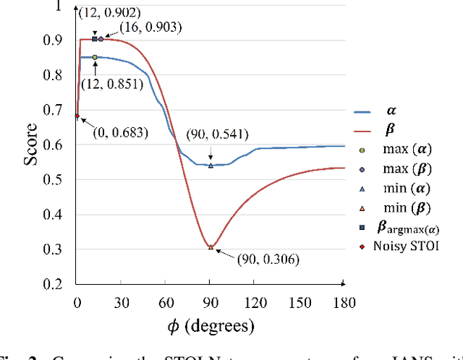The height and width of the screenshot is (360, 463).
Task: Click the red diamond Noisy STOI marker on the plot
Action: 77,116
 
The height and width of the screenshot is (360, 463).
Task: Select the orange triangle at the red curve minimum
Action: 211,247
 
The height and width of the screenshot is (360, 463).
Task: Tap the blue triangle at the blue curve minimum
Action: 211,166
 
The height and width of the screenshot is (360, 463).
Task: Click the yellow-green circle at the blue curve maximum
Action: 95,56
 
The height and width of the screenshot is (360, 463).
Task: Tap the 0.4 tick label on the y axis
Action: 53,215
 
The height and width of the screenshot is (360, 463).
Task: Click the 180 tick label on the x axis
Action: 344,301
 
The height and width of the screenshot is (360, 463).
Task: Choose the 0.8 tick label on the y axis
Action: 53,76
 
